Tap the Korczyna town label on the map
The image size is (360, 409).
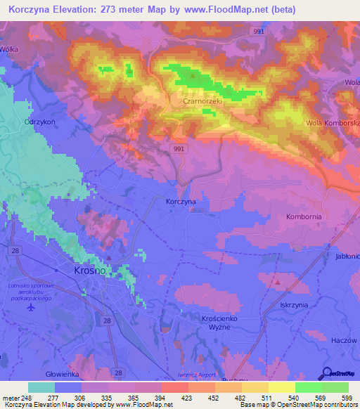tap(181, 201)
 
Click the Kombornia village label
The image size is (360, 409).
tap(304, 216)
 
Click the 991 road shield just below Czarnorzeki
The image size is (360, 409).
tap(179, 149)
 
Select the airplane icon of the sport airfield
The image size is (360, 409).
tap(30, 307)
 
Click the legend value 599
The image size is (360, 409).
tap(346, 398)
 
